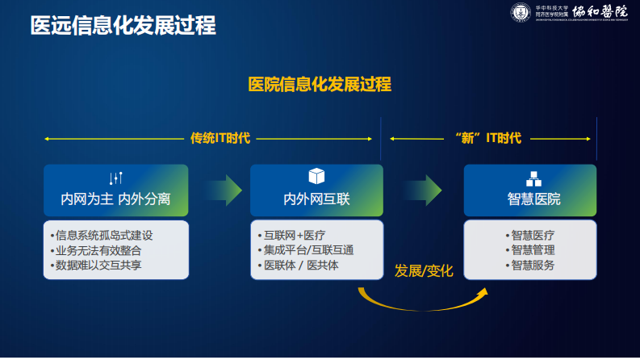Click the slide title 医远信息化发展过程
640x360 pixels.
point(123,25)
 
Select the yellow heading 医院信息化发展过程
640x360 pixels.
point(320,85)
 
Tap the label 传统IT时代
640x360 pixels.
point(220,138)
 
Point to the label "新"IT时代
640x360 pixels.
point(488,138)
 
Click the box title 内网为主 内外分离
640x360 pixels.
point(115,199)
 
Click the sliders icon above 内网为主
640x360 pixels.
point(115,178)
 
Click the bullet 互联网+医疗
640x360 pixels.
point(295,236)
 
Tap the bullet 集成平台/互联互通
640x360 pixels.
point(309,250)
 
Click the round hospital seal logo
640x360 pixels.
point(521,14)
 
